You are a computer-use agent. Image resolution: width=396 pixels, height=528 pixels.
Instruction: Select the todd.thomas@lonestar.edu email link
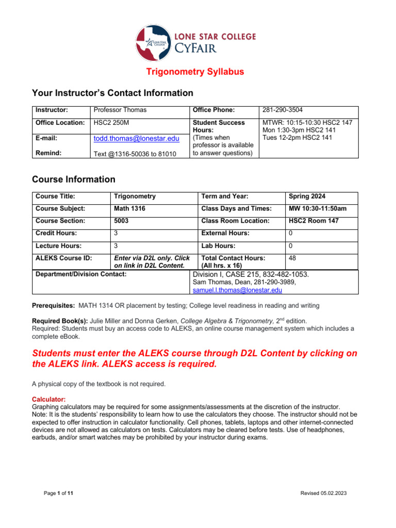[x=136, y=139]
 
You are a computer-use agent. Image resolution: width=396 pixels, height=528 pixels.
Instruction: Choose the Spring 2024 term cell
[x=307, y=196]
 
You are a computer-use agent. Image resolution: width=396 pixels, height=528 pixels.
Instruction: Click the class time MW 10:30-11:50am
[x=317, y=209]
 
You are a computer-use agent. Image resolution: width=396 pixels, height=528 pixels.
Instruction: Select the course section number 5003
[x=122, y=221]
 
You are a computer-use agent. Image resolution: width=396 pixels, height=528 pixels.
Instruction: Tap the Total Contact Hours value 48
[x=292, y=258]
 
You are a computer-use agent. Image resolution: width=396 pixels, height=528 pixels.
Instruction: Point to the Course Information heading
[x=74, y=179]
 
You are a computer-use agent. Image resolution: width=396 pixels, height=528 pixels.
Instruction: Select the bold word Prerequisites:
[x=53, y=306]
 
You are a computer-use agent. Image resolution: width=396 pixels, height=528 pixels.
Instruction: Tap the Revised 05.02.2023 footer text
[x=323, y=493]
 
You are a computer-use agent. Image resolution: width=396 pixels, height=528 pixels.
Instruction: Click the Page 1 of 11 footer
[x=58, y=493]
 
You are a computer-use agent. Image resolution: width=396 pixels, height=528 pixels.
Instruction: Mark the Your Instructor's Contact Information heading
[x=112, y=93]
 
